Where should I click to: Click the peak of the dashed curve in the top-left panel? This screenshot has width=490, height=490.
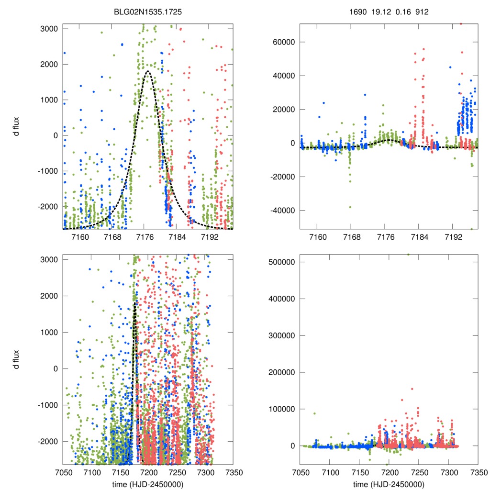pyautogui.click(x=147, y=71)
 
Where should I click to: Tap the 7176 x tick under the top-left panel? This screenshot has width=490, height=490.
pyautogui.click(x=145, y=237)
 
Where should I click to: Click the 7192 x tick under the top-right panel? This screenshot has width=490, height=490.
pyautogui.click(x=453, y=237)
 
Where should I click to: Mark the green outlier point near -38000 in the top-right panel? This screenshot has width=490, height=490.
pyautogui.click(x=351, y=207)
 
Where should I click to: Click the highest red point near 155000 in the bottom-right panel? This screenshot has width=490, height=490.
pyautogui.click(x=412, y=389)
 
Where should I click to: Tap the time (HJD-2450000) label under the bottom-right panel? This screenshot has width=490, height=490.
pyautogui.click(x=389, y=484)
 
